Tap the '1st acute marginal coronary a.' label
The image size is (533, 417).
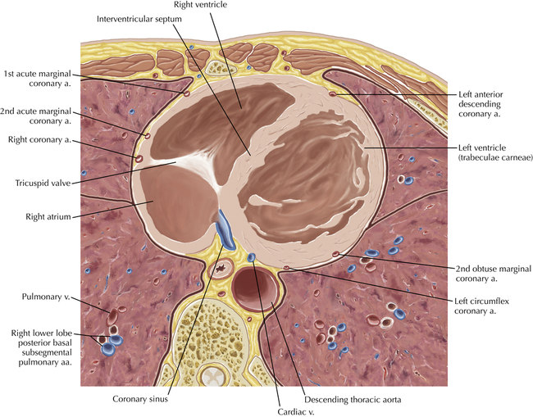[38, 77]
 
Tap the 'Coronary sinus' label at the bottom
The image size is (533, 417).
[142, 399]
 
